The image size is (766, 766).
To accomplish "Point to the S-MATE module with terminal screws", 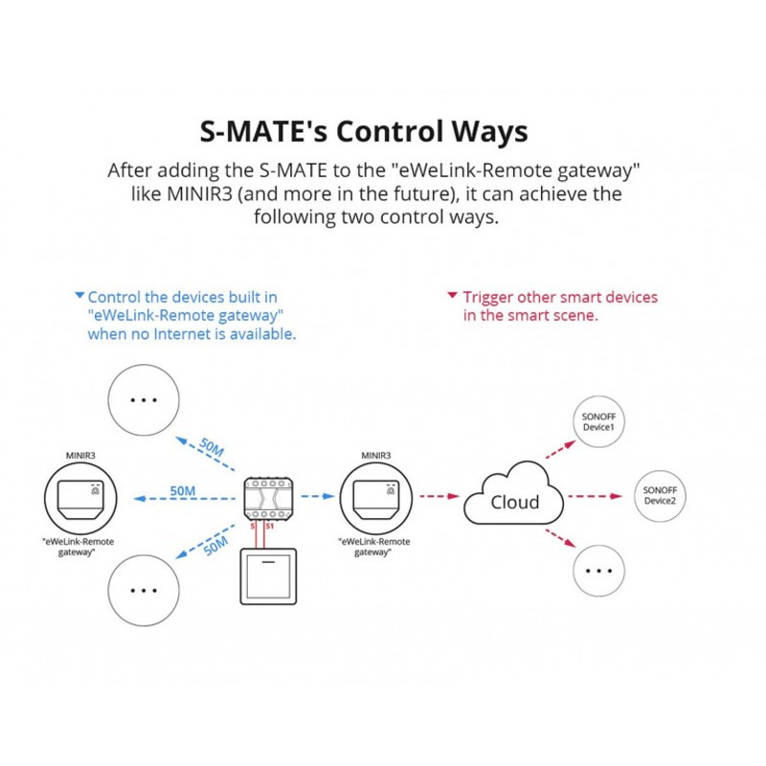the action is (x=268, y=498).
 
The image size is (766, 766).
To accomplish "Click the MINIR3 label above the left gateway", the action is (x=80, y=456).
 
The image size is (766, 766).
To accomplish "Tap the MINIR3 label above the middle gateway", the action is (x=375, y=456).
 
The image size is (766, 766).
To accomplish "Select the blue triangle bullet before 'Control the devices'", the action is (x=79, y=295).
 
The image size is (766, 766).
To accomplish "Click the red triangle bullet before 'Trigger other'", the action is (x=452, y=295).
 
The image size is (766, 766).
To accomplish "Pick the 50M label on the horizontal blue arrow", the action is (x=183, y=490).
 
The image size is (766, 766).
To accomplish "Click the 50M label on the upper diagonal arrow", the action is (x=212, y=447).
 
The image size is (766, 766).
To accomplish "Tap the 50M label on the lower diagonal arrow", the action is (x=215, y=546).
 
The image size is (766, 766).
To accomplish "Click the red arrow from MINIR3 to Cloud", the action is (x=439, y=496).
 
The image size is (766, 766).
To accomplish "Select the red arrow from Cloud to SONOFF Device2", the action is (x=595, y=496).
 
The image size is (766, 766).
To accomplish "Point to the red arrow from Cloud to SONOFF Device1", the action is (x=561, y=449).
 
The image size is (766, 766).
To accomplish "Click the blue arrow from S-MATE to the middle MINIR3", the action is (x=318, y=496).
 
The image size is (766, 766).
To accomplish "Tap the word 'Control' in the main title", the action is (x=390, y=131).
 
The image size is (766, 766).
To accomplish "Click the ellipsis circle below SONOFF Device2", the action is (x=598, y=571).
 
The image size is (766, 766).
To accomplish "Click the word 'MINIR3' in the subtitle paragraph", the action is (x=199, y=194).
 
